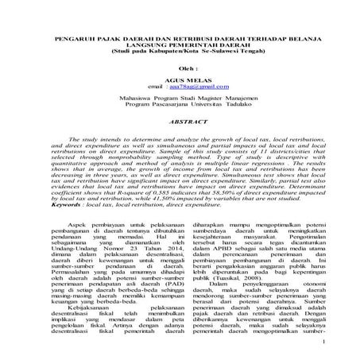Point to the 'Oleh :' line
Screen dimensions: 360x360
point(180,69)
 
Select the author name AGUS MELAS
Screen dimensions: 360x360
point(180,82)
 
